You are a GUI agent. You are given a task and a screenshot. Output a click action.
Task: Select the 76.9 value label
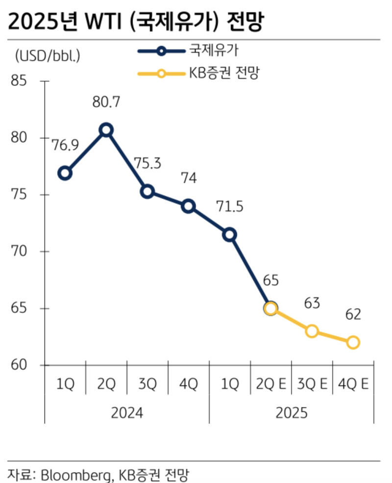(x=64, y=145)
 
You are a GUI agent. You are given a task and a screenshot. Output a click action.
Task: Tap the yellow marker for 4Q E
(x=353, y=342)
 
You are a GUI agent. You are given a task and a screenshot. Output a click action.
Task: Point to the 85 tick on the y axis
(x=21, y=81)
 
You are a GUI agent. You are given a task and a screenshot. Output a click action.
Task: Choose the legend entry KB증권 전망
(x=223, y=74)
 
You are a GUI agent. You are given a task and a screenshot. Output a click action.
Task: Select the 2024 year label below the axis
(x=126, y=413)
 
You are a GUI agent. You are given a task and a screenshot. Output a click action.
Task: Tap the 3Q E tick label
(x=312, y=385)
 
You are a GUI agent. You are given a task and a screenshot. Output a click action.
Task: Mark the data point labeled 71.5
(x=229, y=235)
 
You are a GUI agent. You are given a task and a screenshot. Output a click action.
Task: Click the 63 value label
(x=312, y=303)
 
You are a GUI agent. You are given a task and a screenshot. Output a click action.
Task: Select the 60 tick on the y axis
(x=21, y=365)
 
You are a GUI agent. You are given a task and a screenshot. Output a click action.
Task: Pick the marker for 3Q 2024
(x=147, y=192)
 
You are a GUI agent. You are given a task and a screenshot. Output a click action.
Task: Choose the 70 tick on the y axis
(x=21, y=251)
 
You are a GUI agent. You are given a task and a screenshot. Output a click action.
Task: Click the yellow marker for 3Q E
(x=312, y=331)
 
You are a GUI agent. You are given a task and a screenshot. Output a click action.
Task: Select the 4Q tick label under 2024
(x=188, y=385)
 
